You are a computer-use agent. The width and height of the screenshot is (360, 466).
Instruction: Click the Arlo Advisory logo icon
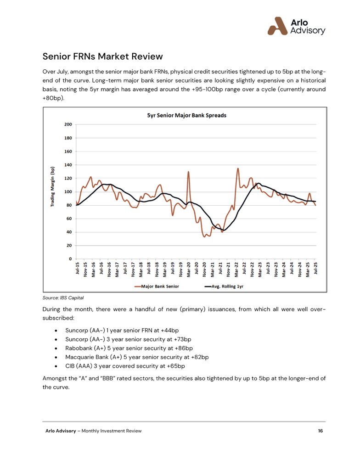(277, 26)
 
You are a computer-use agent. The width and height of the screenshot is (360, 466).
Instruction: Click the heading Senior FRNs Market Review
(102, 56)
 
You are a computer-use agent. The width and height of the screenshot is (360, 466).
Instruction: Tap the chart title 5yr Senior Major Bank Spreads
(186, 115)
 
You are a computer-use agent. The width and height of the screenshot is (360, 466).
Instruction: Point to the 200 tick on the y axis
(68, 124)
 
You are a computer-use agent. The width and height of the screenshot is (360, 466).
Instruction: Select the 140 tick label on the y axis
(68, 165)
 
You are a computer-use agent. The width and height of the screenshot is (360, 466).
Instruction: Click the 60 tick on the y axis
(69, 219)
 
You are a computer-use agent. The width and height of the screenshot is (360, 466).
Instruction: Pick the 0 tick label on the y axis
(70, 259)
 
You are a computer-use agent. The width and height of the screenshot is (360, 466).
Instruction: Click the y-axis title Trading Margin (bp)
(52, 187)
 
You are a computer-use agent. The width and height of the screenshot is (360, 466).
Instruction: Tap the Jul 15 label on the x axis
(77, 269)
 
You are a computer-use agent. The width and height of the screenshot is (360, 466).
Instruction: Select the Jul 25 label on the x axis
(315, 269)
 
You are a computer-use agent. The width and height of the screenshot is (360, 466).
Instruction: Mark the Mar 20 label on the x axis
(188, 269)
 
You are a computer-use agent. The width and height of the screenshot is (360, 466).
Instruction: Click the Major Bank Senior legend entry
(157, 286)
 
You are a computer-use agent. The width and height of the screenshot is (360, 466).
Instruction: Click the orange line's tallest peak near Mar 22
(237, 168)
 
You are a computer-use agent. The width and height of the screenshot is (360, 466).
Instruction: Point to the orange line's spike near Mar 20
(188, 171)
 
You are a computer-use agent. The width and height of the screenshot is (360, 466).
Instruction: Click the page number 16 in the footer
(320, 431)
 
